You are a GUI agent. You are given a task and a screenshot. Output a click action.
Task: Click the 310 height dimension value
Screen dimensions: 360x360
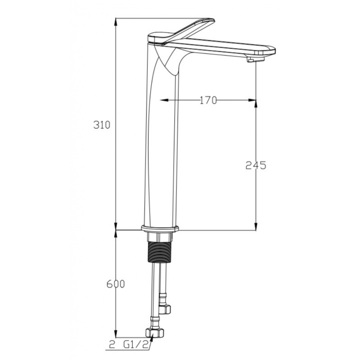point(102,125)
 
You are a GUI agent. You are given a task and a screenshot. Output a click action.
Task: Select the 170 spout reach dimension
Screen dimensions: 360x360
point(208,100)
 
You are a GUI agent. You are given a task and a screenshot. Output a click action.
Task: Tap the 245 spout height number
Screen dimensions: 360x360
point(256,165)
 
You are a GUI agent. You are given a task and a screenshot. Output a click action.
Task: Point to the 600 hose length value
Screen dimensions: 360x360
point(116,284)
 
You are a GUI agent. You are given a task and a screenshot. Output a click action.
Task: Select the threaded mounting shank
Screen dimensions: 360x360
point(159,252)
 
